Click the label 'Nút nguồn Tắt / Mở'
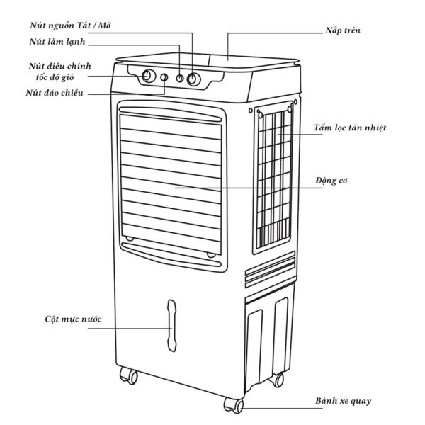(70, 25)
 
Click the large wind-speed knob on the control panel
(148, 76)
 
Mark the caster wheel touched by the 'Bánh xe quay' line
(234, 405)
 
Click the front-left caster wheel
(128, 375)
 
